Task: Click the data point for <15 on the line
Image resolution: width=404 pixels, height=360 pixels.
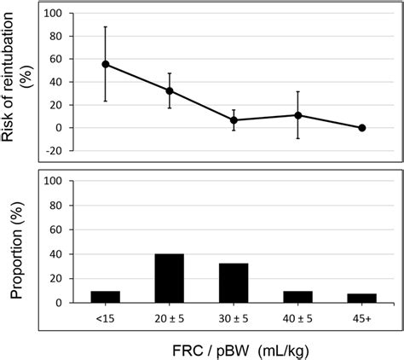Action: [106, 64]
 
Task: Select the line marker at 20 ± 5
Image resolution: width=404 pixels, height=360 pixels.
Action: [170, 90]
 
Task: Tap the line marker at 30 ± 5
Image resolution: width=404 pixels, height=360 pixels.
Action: [234, 120]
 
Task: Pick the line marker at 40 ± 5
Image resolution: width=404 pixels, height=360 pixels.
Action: [297, 115]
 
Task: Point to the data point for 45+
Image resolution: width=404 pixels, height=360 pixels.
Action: [361, 128]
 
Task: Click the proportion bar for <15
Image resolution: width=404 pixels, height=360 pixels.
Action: [106, 297]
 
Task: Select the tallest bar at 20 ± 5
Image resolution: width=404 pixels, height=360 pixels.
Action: [170, 278]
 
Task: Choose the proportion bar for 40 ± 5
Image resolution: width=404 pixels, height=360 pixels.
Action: [297, 297]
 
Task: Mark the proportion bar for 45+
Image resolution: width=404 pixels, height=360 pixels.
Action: [361, 298]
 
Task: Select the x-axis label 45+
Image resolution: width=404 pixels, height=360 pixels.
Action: [361, 316]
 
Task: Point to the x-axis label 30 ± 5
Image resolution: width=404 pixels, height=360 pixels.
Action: [234, 316]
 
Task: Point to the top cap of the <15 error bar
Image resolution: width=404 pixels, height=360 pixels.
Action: [106, 26]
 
